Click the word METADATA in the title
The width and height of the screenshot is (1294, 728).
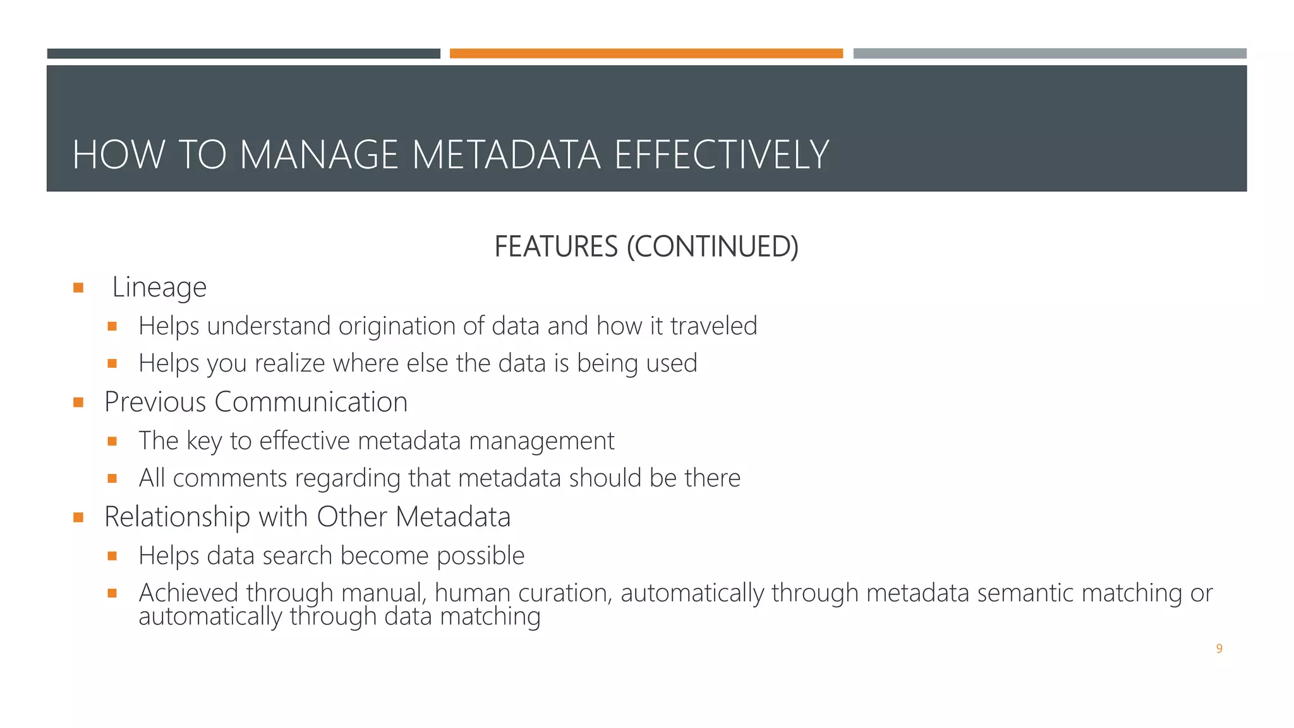(506, 155)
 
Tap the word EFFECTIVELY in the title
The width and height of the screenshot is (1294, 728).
(721, 155)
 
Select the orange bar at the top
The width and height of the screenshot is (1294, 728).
(646, 54)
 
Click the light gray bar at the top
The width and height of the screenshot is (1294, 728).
(1049, 54)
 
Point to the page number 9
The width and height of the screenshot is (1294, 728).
(1219, 648)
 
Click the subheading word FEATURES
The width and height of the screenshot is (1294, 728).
(555, 246)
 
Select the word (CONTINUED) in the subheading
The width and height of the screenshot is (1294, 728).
(712, 246)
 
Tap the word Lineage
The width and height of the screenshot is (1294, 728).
(159, 288)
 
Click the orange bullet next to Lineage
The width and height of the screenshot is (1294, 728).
(78, 288)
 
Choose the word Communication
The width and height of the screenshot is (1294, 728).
(311, 402)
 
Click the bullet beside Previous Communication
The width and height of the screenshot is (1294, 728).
(78, 403)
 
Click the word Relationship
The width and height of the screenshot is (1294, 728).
(177, 517)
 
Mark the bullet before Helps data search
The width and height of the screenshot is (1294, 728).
(112, 556)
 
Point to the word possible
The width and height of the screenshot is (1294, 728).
(480, 556)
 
